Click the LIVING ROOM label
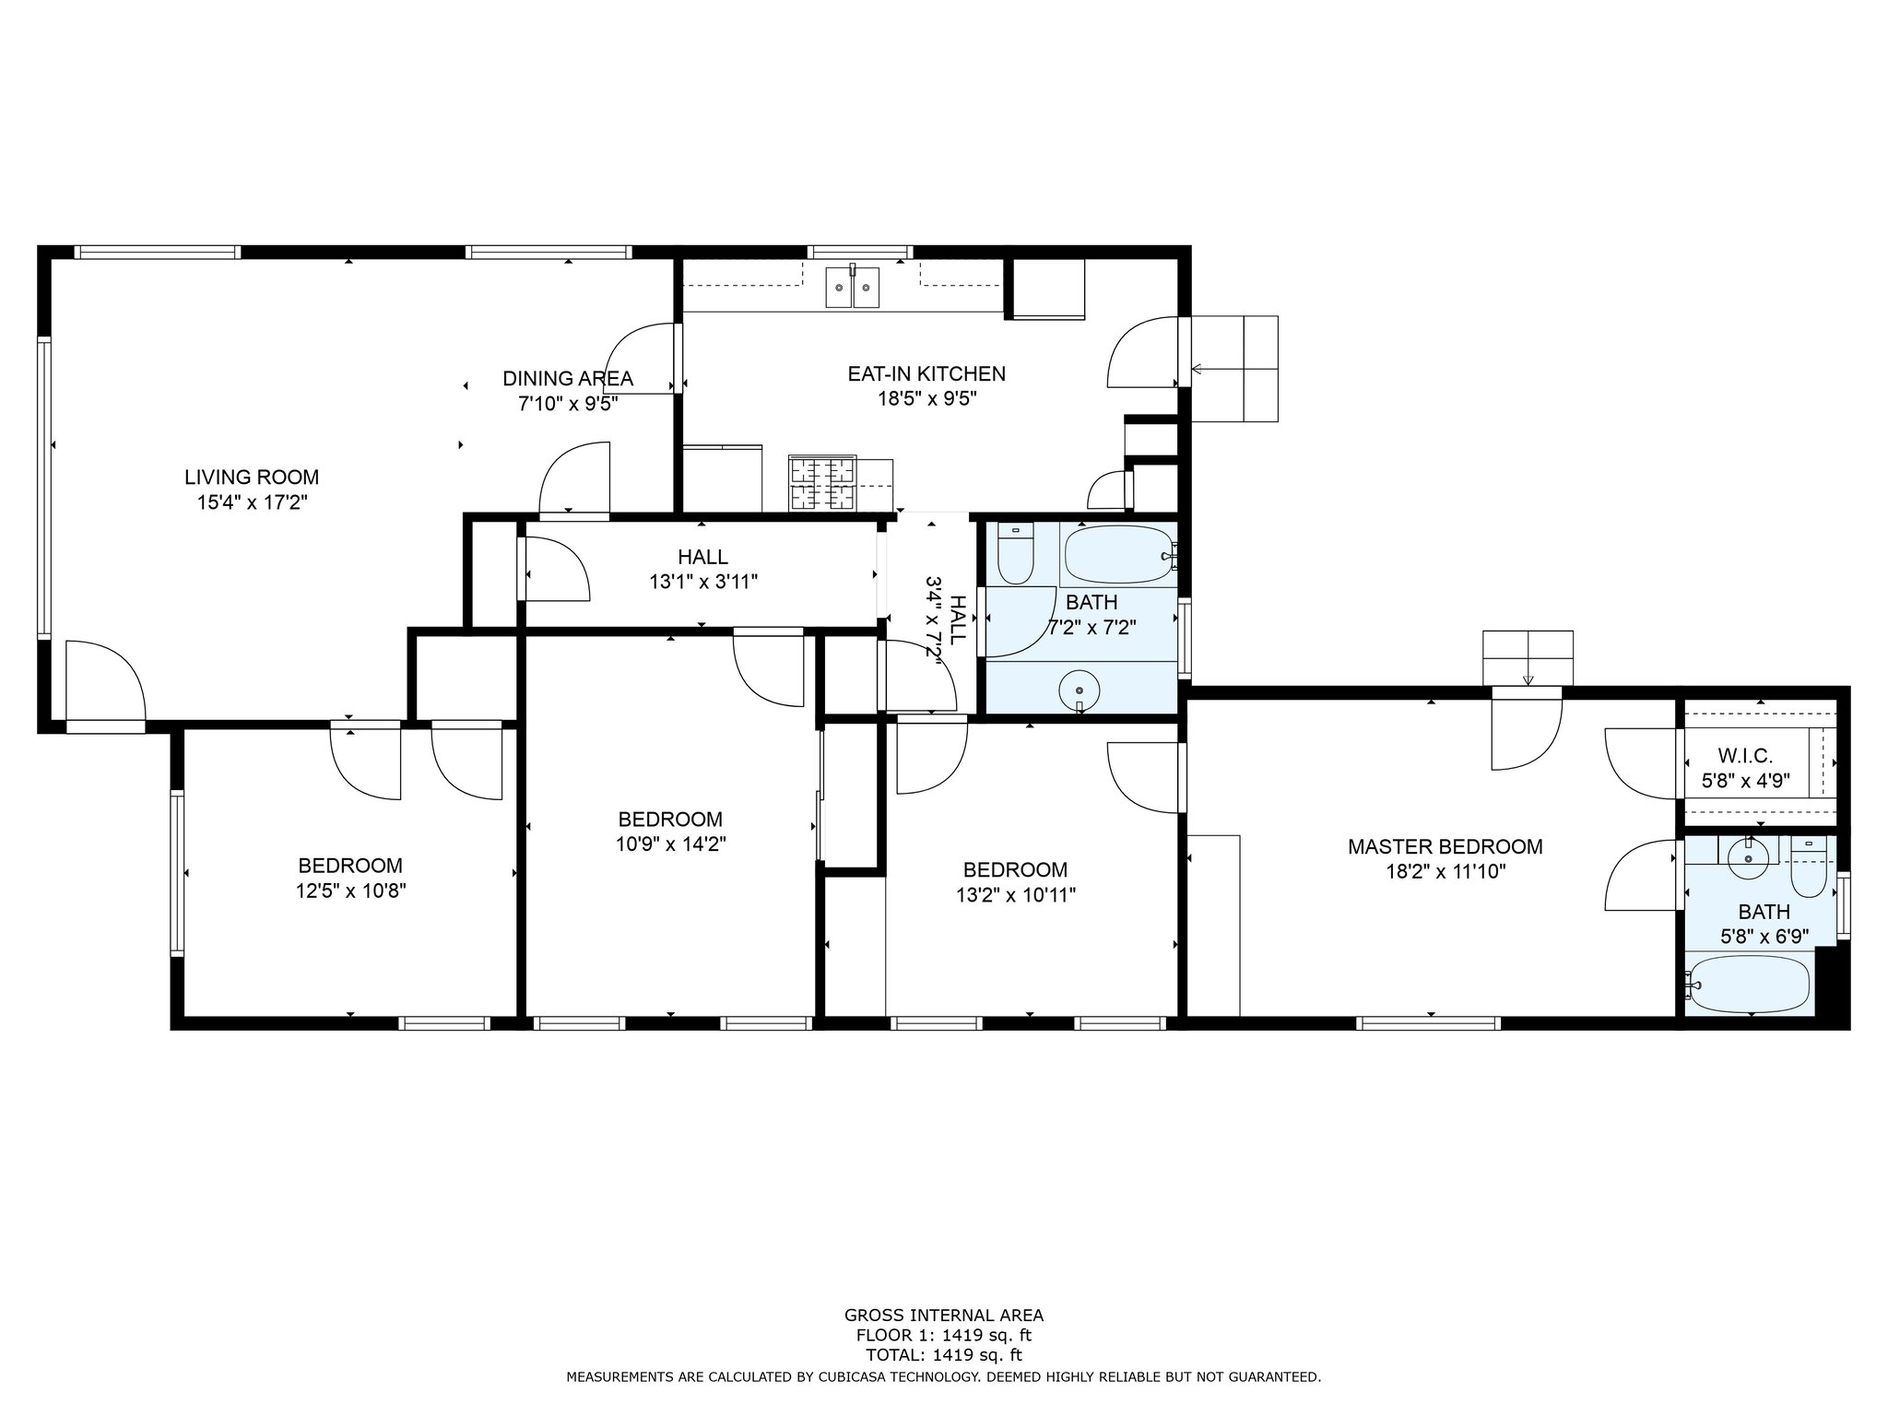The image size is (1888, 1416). [x=252, y=478]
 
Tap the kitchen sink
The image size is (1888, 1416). [x=853, y=287]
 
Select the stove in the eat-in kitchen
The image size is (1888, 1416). [x=822, y=484]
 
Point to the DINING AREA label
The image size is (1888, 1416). [x=567, y=378]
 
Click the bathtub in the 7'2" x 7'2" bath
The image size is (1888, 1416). [x=1119, y=554]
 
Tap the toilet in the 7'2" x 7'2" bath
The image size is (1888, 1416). [x=1016, y=553]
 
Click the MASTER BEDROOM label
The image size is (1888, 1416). [x=1445, y=846]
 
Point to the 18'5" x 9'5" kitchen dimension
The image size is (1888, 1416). [x=926, y=399]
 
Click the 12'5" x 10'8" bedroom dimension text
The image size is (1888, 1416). [x=350, y=891]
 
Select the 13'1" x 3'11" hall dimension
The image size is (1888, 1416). [x=702, y=582]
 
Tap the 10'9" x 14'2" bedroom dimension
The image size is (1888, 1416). [x=670, y=844]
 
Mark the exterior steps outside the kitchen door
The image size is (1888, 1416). [x=1234, y=369]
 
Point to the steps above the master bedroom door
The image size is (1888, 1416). [x=1528, y=658]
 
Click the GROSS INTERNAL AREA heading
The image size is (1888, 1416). [x=944, y=1316]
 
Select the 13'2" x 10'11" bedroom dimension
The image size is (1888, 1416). [x=1015, y=894]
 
